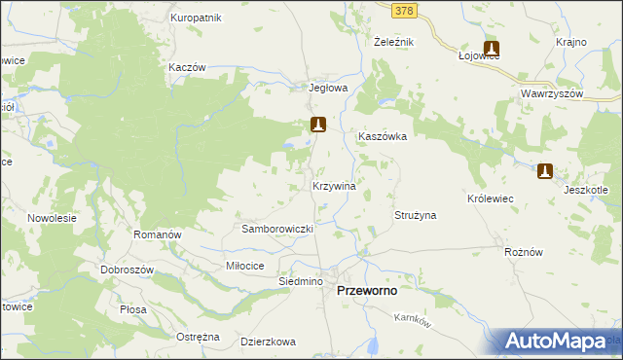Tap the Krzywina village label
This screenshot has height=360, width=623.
tap(333, 185)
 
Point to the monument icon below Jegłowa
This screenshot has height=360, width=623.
tap(317, 125)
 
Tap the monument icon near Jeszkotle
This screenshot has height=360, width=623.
tap(545, 171)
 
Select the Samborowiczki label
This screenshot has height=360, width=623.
tap(276, 229)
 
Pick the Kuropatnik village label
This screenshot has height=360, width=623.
tap(196, 18)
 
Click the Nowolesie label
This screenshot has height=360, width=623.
tap(52, 218)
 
